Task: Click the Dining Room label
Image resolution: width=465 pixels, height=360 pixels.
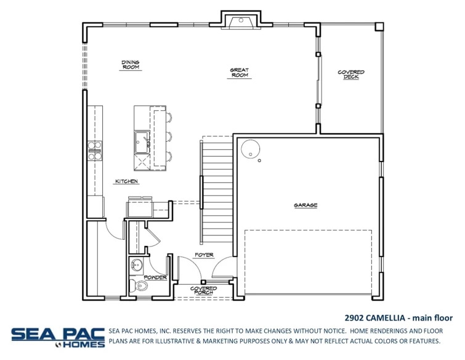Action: pyautogui.click(x=130, y=65)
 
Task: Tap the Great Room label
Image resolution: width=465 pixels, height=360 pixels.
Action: pyautogui.click(x=239, y=73)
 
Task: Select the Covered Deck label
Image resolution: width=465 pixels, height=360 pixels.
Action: pyautogui.click(x=350, y=75)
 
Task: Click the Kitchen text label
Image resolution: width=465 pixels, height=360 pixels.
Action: pyautogui.click(x=126, y=182)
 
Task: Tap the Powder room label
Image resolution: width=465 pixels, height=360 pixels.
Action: pyautogui.click(x=155, y=278)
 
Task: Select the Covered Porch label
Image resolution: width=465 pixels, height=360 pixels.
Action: pyautogui.click(x=203, y=290)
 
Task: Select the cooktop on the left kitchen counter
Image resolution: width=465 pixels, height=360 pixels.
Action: pyautogui.click(x=95, y=151)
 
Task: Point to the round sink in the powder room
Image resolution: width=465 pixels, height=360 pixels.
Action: pyautogui.click(x=137, y=266)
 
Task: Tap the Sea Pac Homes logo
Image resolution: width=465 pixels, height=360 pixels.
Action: pyautogui.click(x=57, y=337)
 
